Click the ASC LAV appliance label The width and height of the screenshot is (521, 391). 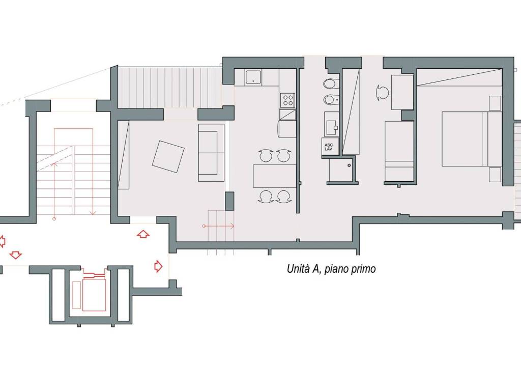(x=329, y=147)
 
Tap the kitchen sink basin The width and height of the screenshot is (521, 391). (x=253, y=78)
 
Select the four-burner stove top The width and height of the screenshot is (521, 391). (x=288, y=100)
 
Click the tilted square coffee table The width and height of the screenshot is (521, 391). (x=168, y=157)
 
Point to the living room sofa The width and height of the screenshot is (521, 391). (x=211, y=153)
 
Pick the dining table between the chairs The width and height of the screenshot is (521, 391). (x=274, y=176)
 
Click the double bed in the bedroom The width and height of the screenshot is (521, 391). (x=472, y=138)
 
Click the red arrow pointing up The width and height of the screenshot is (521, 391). (x=143, y=234)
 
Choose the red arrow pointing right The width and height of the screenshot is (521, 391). (x=158, y=266)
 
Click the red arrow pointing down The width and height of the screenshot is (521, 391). (x=16, y=255)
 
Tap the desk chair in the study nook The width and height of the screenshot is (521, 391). (x=383, y=92)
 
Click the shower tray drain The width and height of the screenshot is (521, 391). (x=349, y=165)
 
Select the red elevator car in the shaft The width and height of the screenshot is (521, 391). (x=94, y=295)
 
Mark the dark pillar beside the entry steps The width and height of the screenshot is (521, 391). (x=229, y=201)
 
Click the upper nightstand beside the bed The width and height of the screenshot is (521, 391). (x=495, y=103)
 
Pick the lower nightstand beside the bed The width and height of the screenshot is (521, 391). (x=495, y=175)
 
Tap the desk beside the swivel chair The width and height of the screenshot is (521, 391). (x=402, y=92)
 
